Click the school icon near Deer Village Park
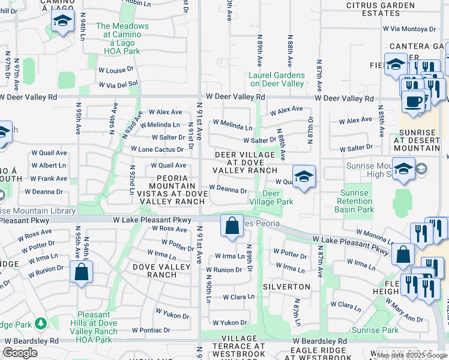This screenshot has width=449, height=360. click(304, 177)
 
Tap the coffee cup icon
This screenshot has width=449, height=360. click(413, 101)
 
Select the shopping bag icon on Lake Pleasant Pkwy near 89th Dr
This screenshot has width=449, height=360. click(231, 226)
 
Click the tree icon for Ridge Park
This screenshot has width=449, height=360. click(41, 324)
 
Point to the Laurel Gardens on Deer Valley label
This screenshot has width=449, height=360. click(277, 79)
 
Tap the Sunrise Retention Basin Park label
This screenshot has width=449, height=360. click(357, 201)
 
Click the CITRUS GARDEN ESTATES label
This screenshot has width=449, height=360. click(372, 10)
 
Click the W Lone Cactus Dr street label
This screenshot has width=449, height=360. click(157, 149)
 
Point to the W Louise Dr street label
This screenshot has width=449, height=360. click(116, 70)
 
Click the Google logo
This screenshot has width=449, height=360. click(20, 353)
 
